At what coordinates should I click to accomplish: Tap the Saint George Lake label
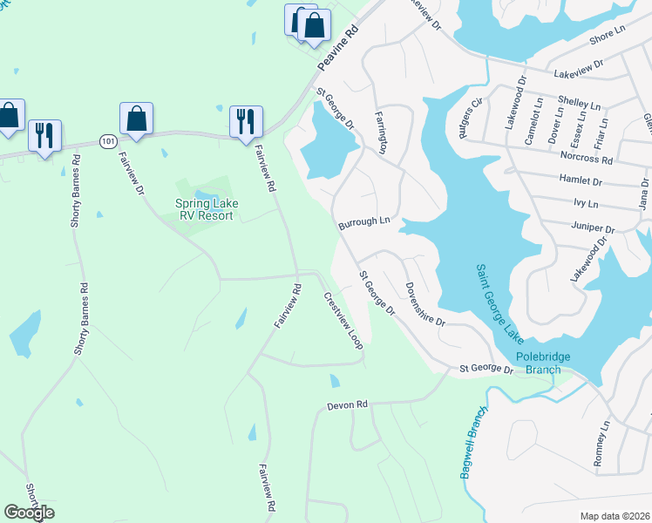(x=492, y=296)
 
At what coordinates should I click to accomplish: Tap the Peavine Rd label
(x=338, y=50)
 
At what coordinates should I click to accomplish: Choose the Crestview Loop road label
(x=343, y=321)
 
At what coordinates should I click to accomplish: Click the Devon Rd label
(x=349, y=405)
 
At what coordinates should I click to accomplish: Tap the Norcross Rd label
(x=590, y=160)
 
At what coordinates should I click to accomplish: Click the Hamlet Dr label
(x=591, y=180)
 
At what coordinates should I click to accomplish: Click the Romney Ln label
(x=601, y=445)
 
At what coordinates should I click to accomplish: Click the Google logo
(x=29, y=513)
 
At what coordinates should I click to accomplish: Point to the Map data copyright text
(x=615, y=516)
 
